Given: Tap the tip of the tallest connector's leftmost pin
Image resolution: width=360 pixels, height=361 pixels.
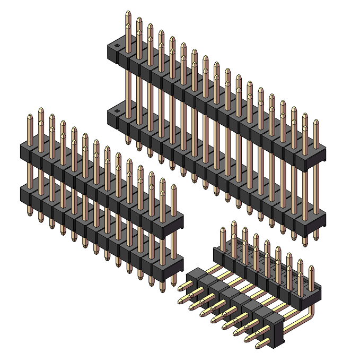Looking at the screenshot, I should click(128, 13).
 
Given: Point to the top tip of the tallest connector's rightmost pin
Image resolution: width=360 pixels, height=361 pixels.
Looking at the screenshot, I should click(316, 122).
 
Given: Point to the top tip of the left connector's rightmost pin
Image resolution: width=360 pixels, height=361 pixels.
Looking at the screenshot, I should click(173, 187).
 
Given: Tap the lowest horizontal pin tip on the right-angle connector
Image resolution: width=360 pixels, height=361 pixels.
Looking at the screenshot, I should click(257, 347).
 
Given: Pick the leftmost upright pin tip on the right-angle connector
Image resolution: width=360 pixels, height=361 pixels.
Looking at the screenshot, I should click(223, 229).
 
